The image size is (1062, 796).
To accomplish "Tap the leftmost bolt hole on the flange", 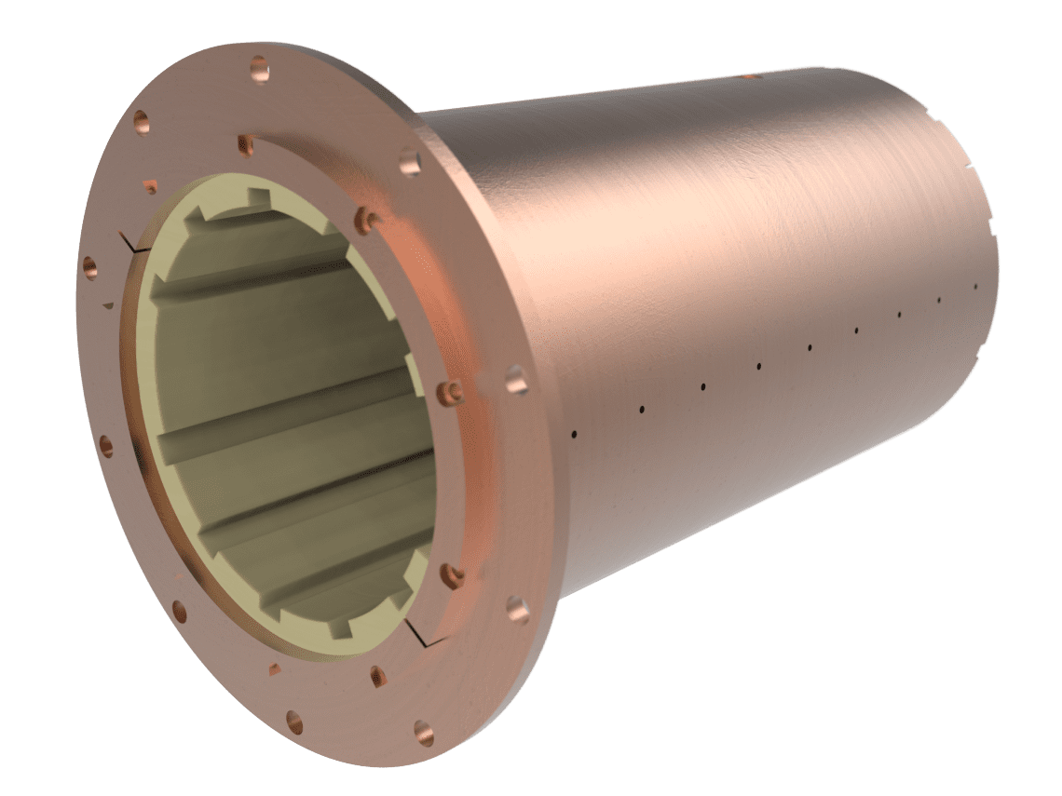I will point(90,266).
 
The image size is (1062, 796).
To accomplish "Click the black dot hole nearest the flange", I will point(575,433).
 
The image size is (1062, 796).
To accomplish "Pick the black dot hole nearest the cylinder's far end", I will point(975,286).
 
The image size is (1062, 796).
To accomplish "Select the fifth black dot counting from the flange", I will point(809,347).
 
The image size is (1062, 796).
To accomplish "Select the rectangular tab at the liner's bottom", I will point(342,628).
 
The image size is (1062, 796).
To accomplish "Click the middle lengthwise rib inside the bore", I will point(279,410).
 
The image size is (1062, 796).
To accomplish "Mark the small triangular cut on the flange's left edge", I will point(110,304).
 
